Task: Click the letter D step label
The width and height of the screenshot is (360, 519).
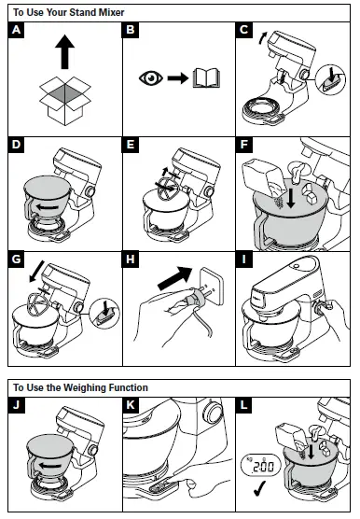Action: [16, 147]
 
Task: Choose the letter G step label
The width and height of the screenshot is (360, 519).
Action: [16, 261]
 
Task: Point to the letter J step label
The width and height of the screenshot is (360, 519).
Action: [16, 407]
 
